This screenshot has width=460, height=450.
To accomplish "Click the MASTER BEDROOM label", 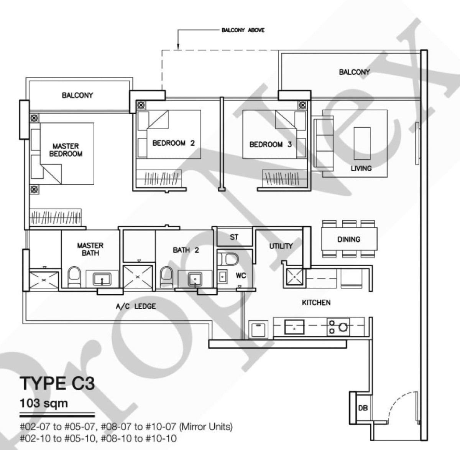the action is pos(66,150).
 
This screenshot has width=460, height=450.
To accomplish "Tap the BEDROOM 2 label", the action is pos(174,143).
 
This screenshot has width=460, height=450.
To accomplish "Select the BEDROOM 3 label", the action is pos(270,144).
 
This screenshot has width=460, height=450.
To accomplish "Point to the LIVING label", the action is pos(361,168).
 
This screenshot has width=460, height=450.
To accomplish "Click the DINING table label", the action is pos(349,239).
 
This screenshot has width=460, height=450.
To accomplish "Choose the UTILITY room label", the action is pos(281,246).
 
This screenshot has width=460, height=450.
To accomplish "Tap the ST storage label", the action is pos(234,237).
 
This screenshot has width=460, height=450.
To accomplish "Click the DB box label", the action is pos(363,408).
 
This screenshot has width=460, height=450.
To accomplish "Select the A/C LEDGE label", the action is pos(136,307).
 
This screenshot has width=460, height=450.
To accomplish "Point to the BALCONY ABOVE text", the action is pos(243,30).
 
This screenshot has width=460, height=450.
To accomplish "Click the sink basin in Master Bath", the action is pos(102,279).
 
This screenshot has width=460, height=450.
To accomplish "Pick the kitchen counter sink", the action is pos(294,327).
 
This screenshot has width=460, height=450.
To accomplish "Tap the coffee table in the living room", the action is pos(362,143).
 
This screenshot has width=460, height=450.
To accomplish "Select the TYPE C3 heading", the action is pos(57,383).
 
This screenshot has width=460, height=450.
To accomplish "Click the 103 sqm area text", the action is pos(44,404).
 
